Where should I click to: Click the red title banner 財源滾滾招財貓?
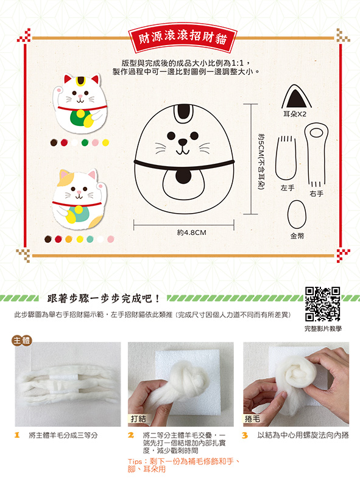(183, 38)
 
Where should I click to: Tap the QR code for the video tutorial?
(322, 304)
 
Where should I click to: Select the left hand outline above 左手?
(286, 158)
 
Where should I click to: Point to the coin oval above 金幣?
(297, 214)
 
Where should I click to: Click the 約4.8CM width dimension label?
(191, 233)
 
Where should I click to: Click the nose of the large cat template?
(183, 142)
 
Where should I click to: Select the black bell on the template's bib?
(183, 176)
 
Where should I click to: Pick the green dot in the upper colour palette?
(85, 142)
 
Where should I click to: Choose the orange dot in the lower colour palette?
(69, 239)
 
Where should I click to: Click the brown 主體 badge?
(22, 341)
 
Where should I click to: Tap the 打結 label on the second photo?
(138, 419)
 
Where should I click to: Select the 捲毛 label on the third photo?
(252, 419)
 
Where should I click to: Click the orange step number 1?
(18, 435)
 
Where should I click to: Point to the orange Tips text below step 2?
(183, 465)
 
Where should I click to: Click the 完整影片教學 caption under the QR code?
(323, 329)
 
